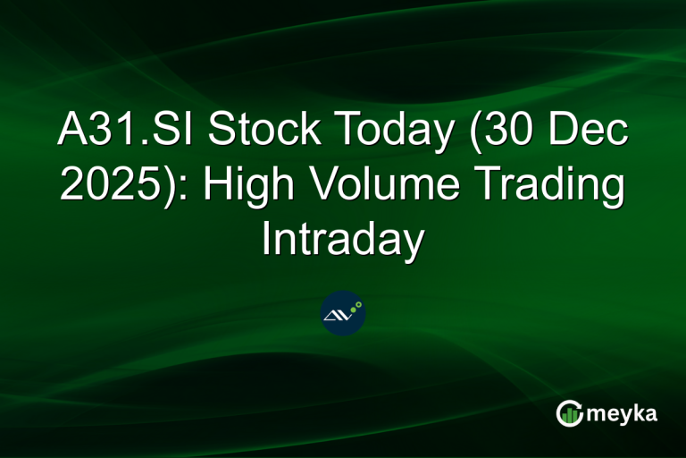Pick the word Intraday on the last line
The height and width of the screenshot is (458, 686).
tap(343, 240)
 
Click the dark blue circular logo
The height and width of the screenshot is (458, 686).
tap(343, 313)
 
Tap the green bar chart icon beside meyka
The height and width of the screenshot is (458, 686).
tap(569, 412)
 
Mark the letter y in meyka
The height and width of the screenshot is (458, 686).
tap(620, 416)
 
